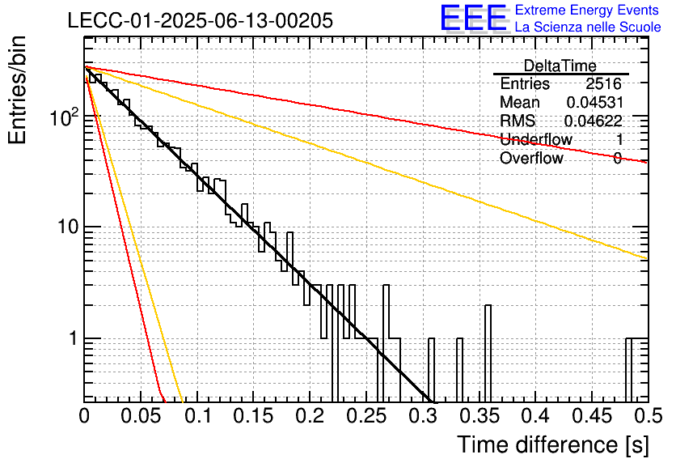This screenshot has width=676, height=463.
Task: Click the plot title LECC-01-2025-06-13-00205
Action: tap(201, 20)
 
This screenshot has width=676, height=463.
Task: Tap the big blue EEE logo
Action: tap(474, 18)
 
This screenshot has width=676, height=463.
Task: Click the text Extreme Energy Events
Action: tap(587, 10)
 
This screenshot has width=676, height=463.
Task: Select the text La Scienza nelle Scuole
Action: tap(588, 27)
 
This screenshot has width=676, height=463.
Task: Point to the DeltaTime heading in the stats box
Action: tap(560, 66)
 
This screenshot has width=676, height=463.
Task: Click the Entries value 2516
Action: tap(603, 83)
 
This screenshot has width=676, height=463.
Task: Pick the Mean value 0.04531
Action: tap(595, 102)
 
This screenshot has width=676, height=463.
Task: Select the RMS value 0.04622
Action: tap(594, 121)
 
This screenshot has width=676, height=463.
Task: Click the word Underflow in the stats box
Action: tap(536, 139)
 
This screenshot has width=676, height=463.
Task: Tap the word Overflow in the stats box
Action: tap(531, 158)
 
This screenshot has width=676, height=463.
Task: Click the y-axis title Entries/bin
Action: tap(17, 90)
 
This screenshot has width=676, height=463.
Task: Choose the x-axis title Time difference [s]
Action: tap(553, 444)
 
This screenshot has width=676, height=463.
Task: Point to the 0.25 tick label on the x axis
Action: tap(366, 416)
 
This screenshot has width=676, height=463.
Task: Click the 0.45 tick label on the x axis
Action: tap(592, 416)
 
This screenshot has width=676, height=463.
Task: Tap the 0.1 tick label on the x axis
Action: tap(200, 416)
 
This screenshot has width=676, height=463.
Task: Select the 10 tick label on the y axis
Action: tap(68, 227)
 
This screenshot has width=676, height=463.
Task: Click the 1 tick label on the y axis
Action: tap(73, 338)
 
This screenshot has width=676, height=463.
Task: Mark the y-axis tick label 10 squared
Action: tap(65, 117)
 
